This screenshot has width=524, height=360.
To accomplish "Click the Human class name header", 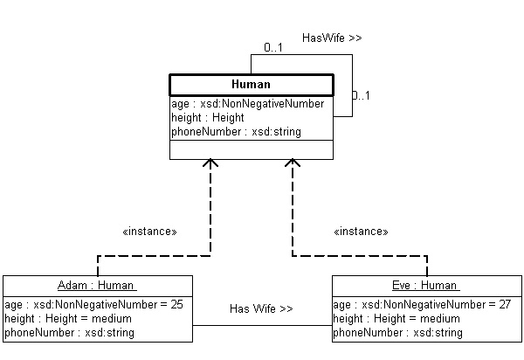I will (251, 85).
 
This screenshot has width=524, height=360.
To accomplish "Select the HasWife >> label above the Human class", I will (332, 38).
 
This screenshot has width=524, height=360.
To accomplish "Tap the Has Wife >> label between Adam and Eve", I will (261, 309).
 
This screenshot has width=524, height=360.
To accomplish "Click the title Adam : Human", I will (97, 286).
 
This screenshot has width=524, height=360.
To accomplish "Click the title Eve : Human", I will (425, 286).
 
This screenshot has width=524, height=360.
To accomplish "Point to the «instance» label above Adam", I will (150, 232).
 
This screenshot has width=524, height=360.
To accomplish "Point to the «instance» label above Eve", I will (361, 232).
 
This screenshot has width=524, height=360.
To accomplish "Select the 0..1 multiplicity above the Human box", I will (272, 47).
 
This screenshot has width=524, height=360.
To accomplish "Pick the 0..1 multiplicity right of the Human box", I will (362, 95).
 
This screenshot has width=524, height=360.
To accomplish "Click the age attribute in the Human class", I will (248, 104).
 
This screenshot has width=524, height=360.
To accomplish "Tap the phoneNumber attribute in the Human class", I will (236, 132).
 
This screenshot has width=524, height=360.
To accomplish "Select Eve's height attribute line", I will (396, 319).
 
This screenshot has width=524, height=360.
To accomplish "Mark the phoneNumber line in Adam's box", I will (69, 333).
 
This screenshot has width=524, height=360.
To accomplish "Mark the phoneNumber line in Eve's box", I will (397, 333).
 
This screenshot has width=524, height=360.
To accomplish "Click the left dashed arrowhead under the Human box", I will (210, 164).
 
